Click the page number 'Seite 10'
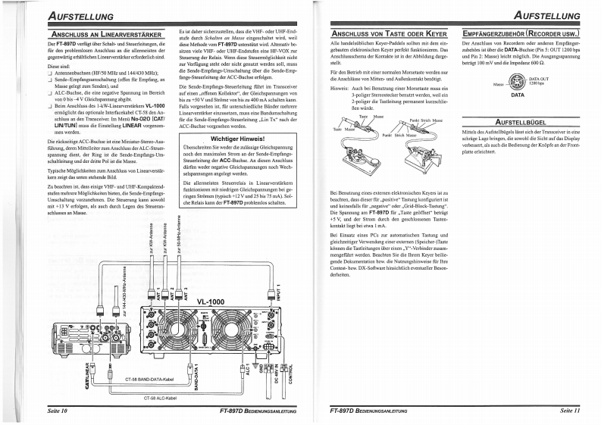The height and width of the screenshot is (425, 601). [x=53, y=411]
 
